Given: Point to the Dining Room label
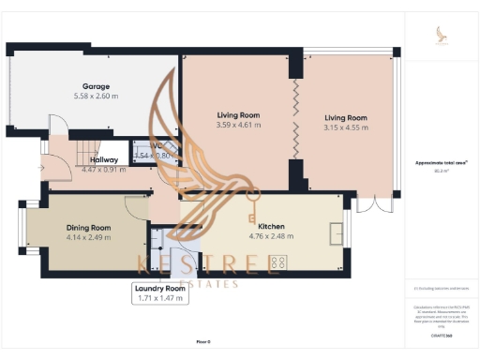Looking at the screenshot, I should (x=88, y=228).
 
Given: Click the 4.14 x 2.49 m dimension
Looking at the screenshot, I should (x=88, y=238).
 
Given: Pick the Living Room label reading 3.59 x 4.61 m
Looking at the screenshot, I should (x=237, y=114).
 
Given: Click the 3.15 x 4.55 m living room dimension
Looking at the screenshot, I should (x=346, y=128).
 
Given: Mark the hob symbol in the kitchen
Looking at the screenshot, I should (x=277, y=264).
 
